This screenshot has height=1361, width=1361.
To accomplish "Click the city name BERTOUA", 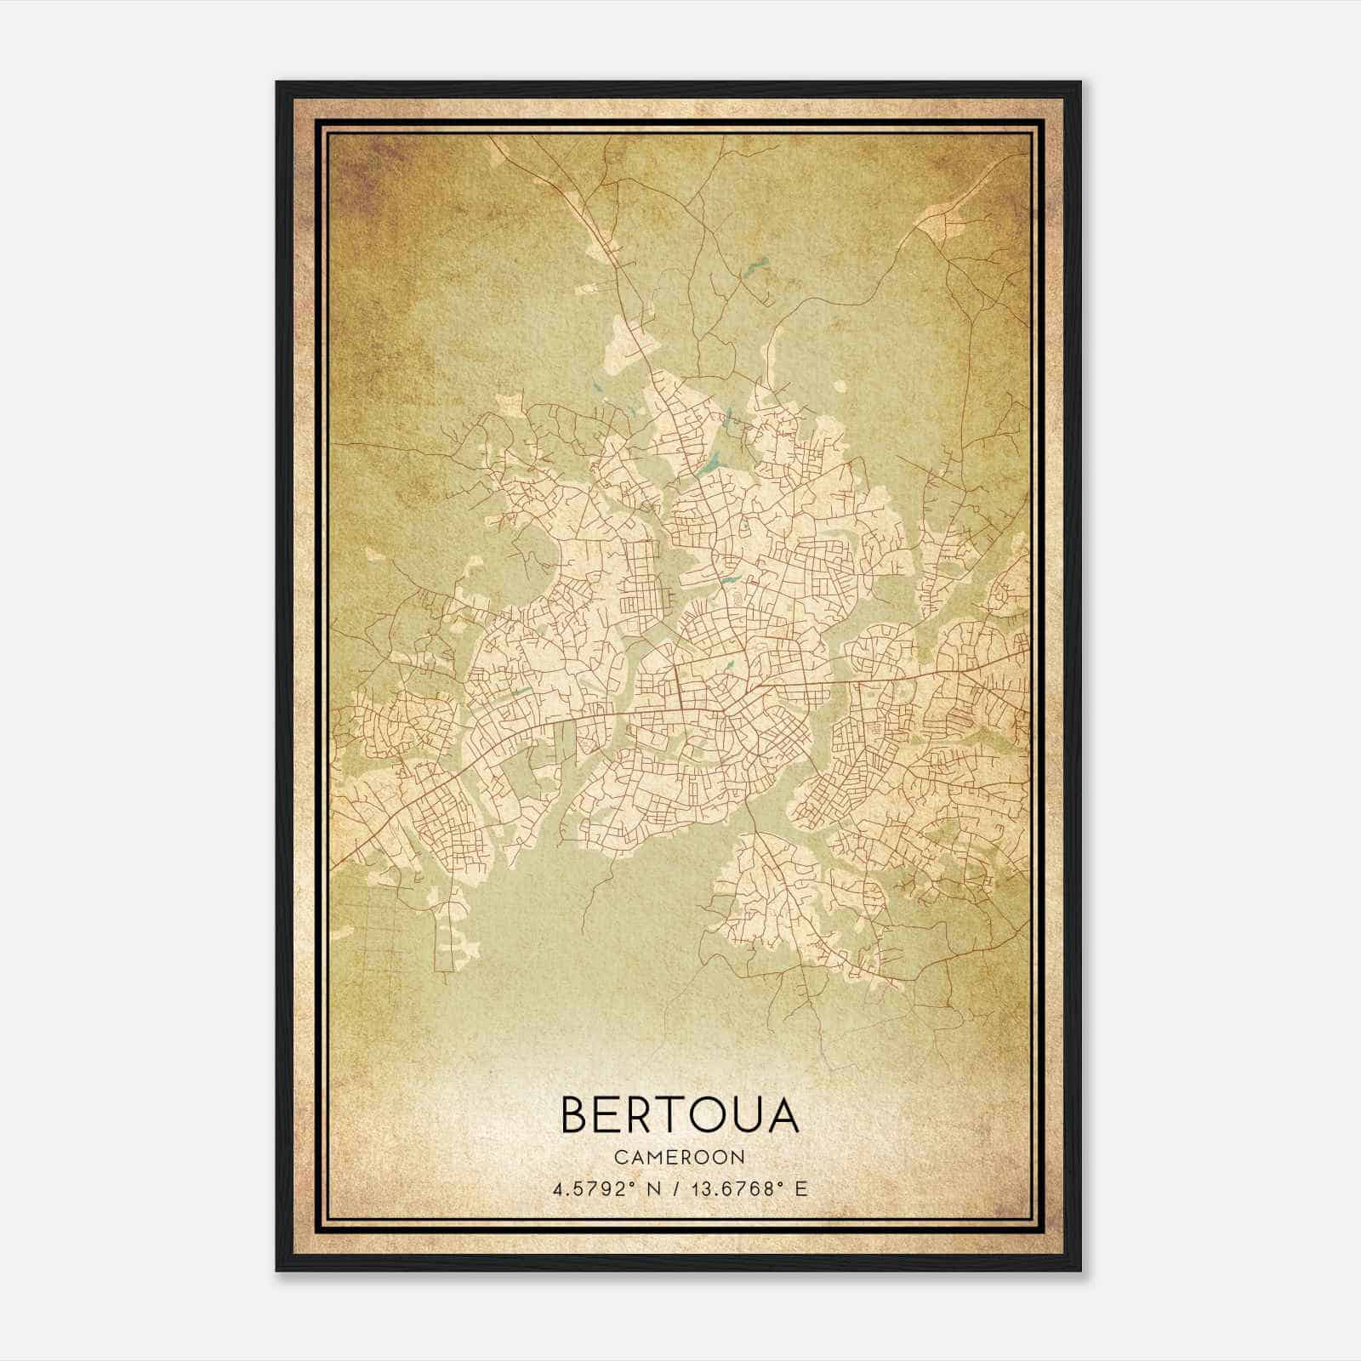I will coord(680,1115).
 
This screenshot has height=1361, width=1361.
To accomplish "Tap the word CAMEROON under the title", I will coord(680,1158).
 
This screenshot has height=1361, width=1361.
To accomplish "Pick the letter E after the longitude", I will coord(800,1189).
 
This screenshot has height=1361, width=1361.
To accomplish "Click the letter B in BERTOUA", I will coord(576,1115).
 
